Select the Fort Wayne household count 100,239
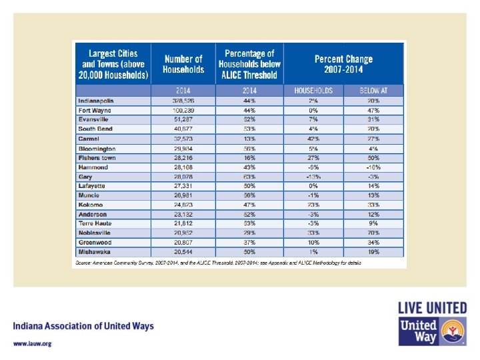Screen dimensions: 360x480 [183, 110]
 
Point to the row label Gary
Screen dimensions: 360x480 [85, 177]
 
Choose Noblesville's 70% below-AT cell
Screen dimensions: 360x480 [373, 233]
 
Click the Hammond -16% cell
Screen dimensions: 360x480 [373, 167]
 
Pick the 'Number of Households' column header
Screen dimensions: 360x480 [183, 64]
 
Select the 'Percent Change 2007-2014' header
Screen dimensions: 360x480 [343, 64]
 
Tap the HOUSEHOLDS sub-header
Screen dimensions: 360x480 [313, 90]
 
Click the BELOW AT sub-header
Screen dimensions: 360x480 [373, 90]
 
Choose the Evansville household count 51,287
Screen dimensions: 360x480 [183, 119]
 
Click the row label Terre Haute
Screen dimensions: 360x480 [95, 224]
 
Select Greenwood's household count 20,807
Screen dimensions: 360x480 [183, 243]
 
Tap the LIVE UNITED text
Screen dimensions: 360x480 [432, 309]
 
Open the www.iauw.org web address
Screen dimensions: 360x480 [31, 344]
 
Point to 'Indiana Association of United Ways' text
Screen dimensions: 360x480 [83, 327]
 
